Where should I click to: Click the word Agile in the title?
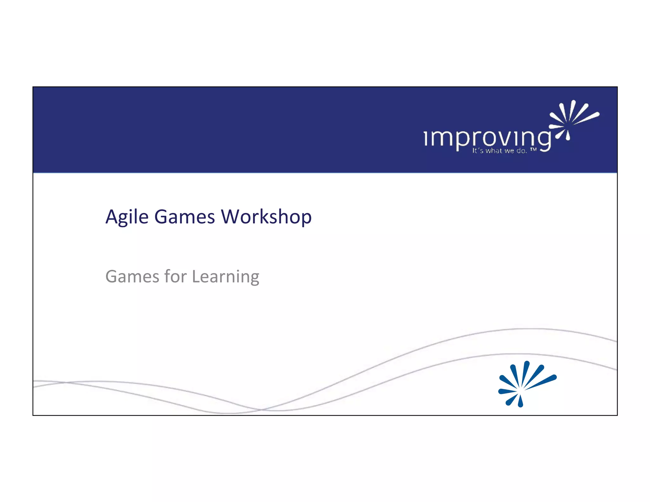tap(127, 217)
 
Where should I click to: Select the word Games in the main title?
tap(184, 217)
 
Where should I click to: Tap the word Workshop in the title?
tap(266, 217)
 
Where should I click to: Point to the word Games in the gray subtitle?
tap(132, 276)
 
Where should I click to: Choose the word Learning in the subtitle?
tap(226, 276)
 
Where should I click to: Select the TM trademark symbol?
tap(533, 149)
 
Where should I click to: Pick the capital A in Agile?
tap(112, 217)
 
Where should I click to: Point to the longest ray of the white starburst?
tap(586, 118)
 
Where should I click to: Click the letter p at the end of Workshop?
tap(305, 219)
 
